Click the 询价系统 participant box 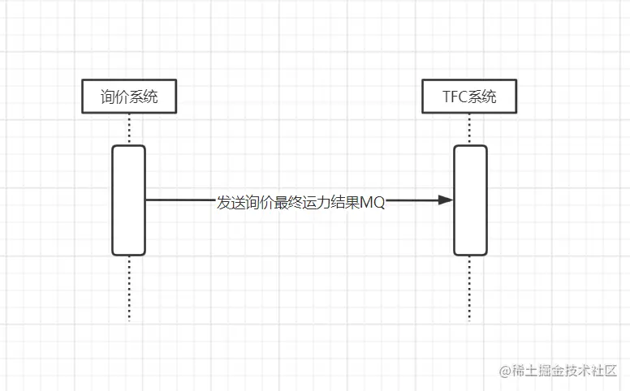128,97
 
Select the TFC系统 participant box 470,97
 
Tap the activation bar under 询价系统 128,200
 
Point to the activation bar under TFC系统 470,200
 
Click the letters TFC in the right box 455,98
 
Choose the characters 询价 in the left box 114,98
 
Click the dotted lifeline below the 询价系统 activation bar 128,289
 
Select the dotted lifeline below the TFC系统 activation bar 470,289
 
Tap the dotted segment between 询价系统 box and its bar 128,129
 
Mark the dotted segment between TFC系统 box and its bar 470,129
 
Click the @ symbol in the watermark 504,371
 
